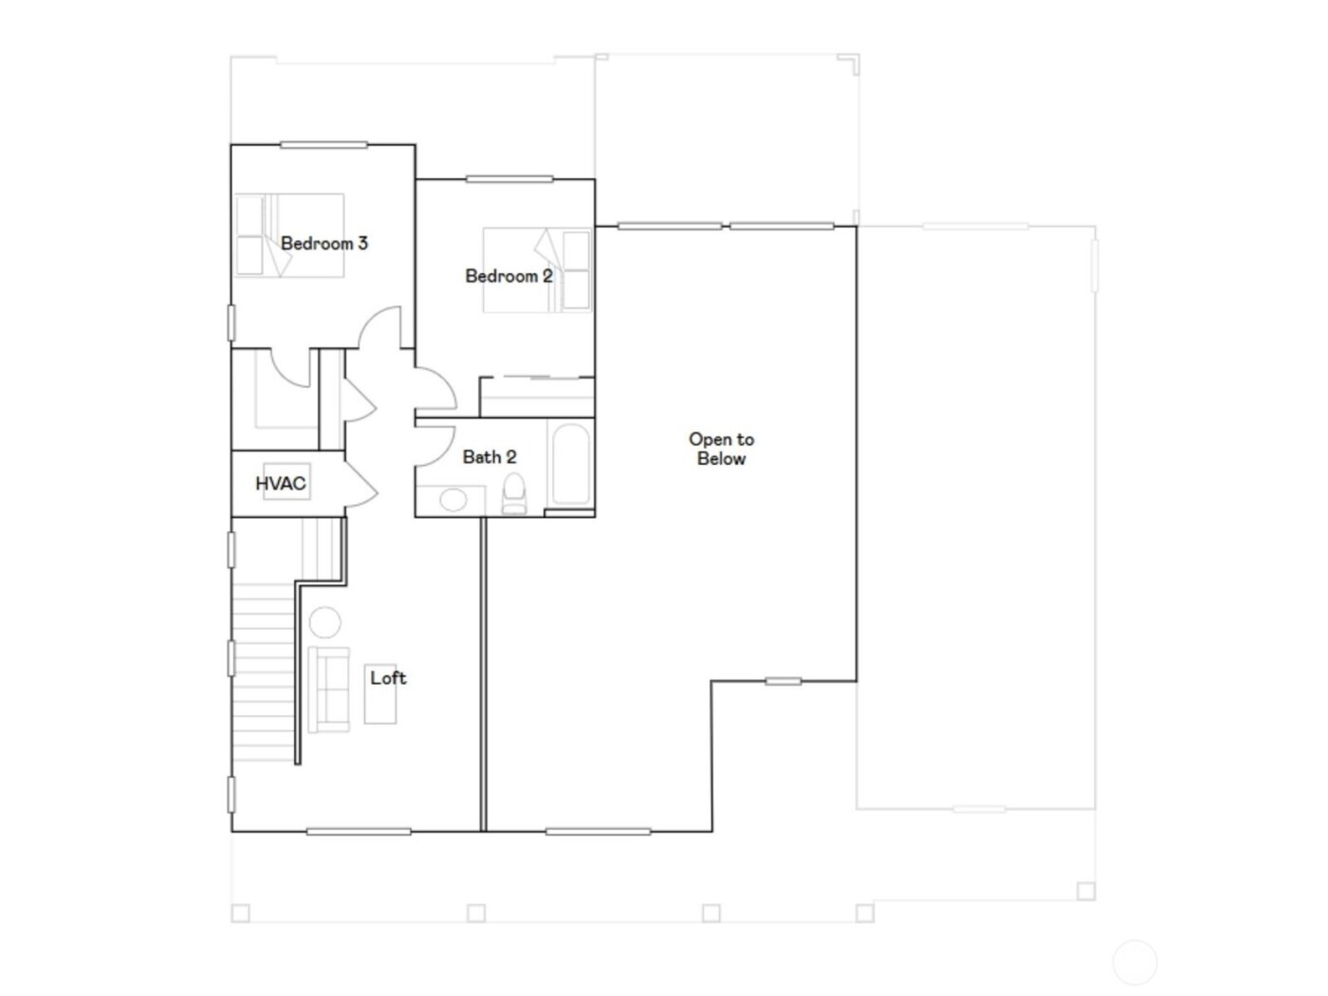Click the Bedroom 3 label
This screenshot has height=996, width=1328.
click(x=323, y=244)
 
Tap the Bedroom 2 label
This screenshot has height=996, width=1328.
click(x=508, y=276)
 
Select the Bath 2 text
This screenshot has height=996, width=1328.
click(x=489, y=457)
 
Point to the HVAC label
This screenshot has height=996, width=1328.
click(x=281, y=484)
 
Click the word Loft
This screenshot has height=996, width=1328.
click(x=388, y=677)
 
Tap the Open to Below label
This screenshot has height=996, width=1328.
click(x=721, y=449)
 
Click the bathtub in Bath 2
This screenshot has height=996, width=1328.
click(x=570, y=464)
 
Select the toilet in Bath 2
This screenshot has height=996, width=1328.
click(x=514, y=493)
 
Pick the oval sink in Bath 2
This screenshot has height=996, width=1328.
click(x=453, y=499)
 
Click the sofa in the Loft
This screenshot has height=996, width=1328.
click(x=328, y=689)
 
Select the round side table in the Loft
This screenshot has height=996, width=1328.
click(x=324, y=623)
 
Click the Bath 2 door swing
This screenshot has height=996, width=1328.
click(x=435, y=442)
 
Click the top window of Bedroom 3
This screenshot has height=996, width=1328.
click(x=323, y=145)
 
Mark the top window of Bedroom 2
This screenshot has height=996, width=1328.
click(x=509, y=178)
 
